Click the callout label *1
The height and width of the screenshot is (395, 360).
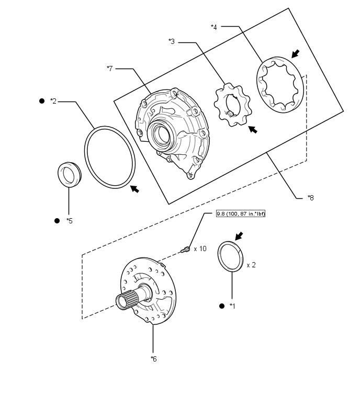[x=233, y=306]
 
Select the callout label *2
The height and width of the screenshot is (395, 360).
[x=53, y=101]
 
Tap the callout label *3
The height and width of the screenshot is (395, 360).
[x=172, y=41]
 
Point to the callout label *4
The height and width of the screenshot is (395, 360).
[x=214, y=26]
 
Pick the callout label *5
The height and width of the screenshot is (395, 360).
[x=70, y=221]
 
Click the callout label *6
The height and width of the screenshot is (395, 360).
[x=153, y=358]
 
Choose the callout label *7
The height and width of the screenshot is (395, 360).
[x=109, y=69]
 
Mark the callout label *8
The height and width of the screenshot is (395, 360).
[x=311, y=198]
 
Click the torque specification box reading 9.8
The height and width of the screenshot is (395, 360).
[x=241, y=215]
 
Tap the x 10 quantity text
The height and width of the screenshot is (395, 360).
[x=200, y=249]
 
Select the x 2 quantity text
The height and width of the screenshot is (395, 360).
[x=251, y=265]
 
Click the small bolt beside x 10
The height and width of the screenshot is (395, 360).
[x=185, y=251]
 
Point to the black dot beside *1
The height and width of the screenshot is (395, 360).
[x=222, y=306]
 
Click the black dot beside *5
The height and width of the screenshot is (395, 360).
[x=58, y=221]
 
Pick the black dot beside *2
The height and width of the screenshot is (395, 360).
[x=42, y=100]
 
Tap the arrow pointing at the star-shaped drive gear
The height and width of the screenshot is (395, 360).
[x=253, y=129]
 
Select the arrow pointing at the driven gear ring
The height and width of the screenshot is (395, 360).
[x=296, y=53]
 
